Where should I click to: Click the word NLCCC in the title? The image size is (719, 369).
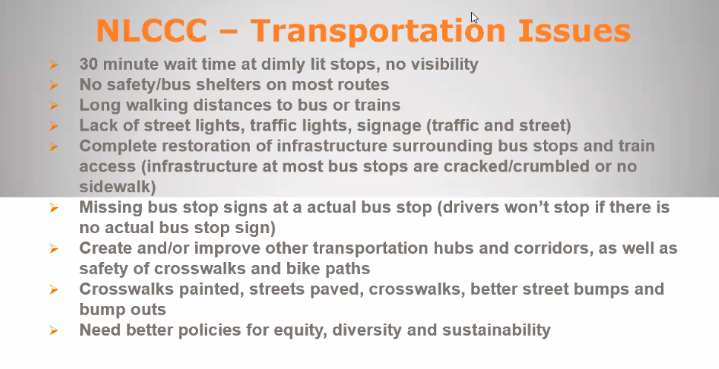[151, 30]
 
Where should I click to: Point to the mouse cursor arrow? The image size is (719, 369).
[475, 17]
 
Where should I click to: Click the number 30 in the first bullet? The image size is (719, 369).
[88, 65]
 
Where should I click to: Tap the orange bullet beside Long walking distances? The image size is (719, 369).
[53, 105]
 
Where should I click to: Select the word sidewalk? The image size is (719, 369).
[115, 187]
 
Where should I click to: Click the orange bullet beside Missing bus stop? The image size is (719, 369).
[53, 208]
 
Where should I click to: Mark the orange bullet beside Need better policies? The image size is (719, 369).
[53, 330]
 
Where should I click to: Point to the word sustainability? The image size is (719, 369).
[496, 330]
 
